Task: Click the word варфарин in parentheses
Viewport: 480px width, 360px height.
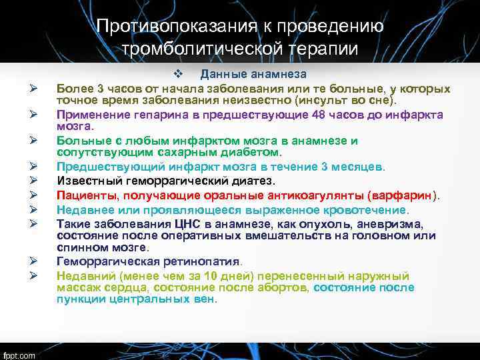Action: click(x=399, y=195)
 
